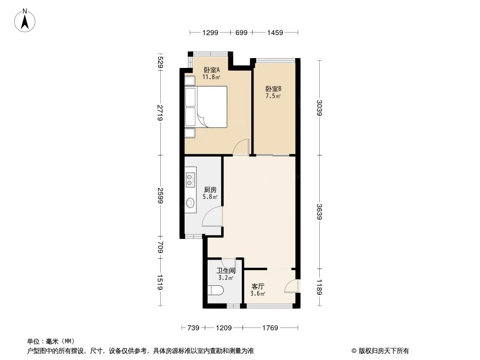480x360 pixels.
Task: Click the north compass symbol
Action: click(25, 20)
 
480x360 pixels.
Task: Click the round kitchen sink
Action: click(190, 203)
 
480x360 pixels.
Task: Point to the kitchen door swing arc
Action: click(213, 217)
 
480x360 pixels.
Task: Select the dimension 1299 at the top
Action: click(210, 32)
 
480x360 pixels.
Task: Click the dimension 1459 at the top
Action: click(275, 32)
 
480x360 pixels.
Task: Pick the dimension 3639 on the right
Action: click(319, 212)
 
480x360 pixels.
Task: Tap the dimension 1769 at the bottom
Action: click(270, 328)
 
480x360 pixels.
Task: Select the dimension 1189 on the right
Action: click(319, 287)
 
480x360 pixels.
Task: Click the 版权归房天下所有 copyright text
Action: click(380, 351)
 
